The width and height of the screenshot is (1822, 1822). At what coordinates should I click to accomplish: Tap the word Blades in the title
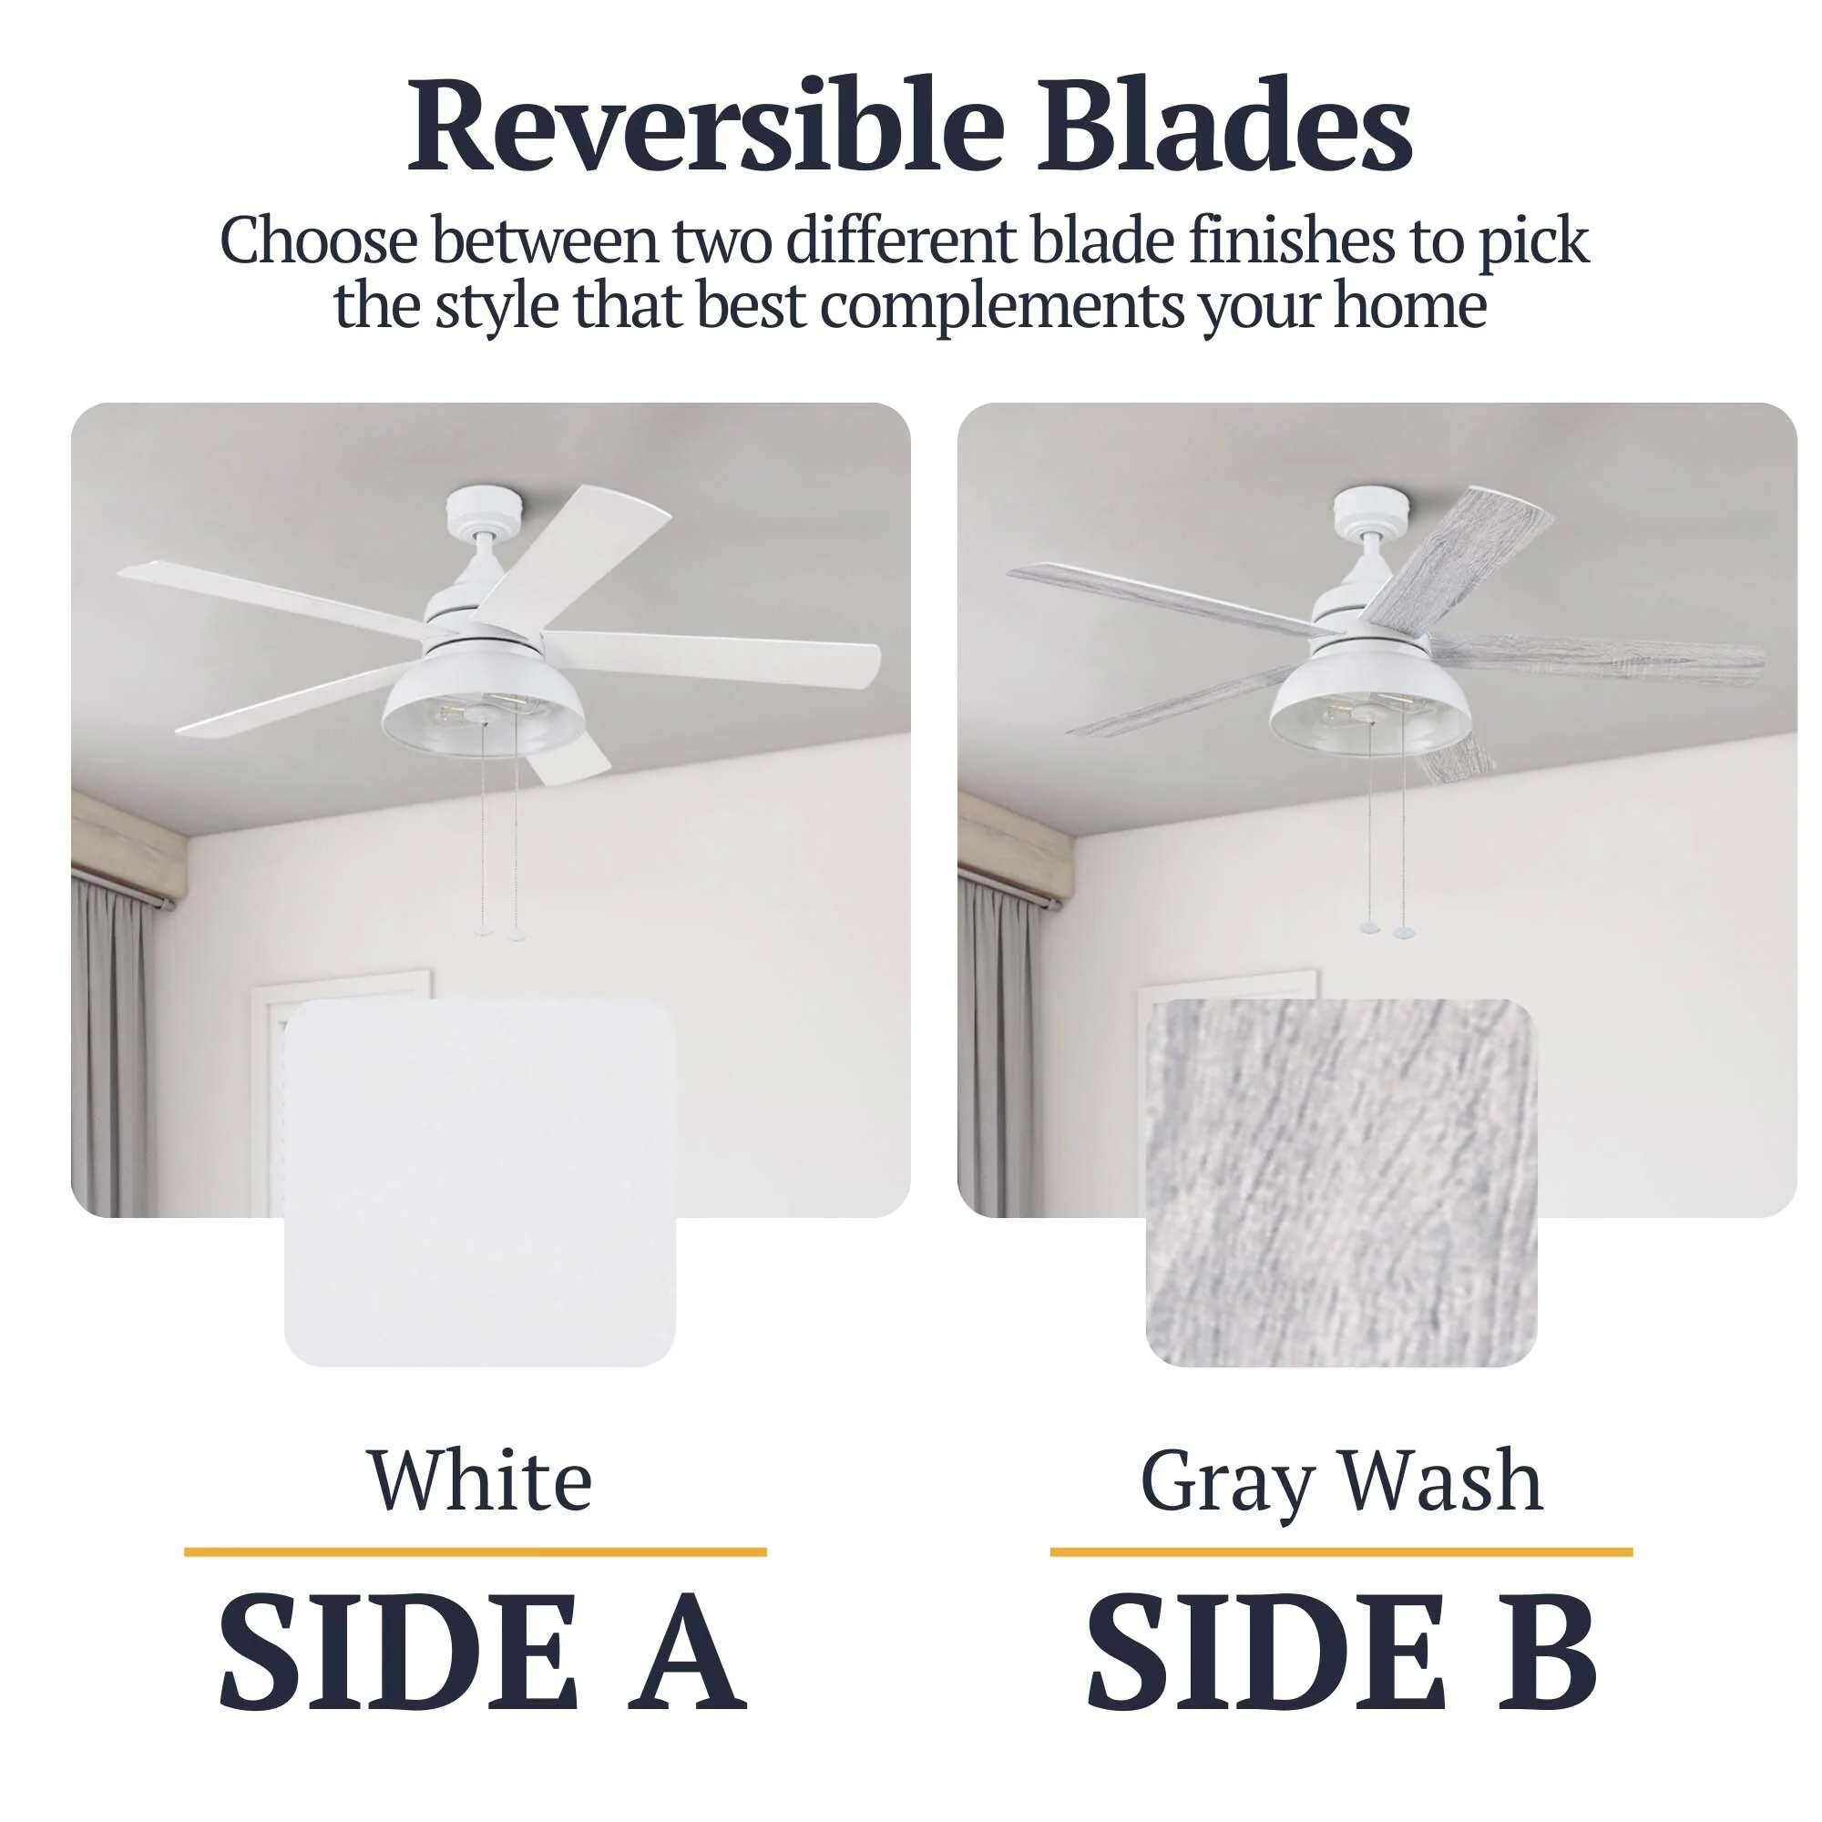click(x=1225, y=126)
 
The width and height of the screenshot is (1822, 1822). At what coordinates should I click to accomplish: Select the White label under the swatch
click(x=480, y=1481)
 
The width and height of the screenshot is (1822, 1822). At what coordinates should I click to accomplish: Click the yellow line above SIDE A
click(x=476, y=1552)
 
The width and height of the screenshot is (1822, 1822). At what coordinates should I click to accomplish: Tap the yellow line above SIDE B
click(x=1341, y=1552)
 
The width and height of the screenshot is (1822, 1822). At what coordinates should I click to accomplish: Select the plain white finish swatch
click(x=480, y=1182)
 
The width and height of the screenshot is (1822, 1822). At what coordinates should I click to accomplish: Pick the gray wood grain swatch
click(x=1341, y=1182)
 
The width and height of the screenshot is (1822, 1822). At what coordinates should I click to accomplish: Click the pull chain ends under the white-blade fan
click(x=501, y=933)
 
